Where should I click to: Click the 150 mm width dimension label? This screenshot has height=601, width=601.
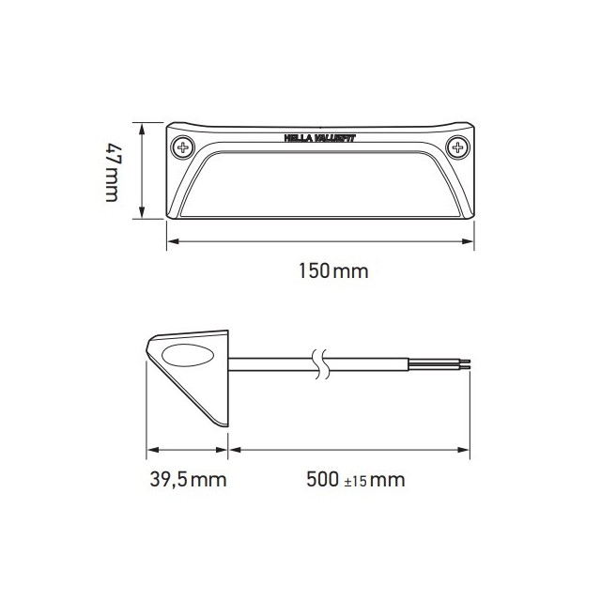[x=331, y=272]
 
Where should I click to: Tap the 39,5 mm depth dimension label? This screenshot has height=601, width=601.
[x=189, y=481]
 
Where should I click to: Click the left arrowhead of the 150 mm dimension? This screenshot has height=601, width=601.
[x=170, y=242]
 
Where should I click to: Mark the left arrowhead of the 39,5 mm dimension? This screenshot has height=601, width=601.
[x=149, y=448]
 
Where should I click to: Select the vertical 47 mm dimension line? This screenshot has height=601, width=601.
[x=142, y=172]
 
